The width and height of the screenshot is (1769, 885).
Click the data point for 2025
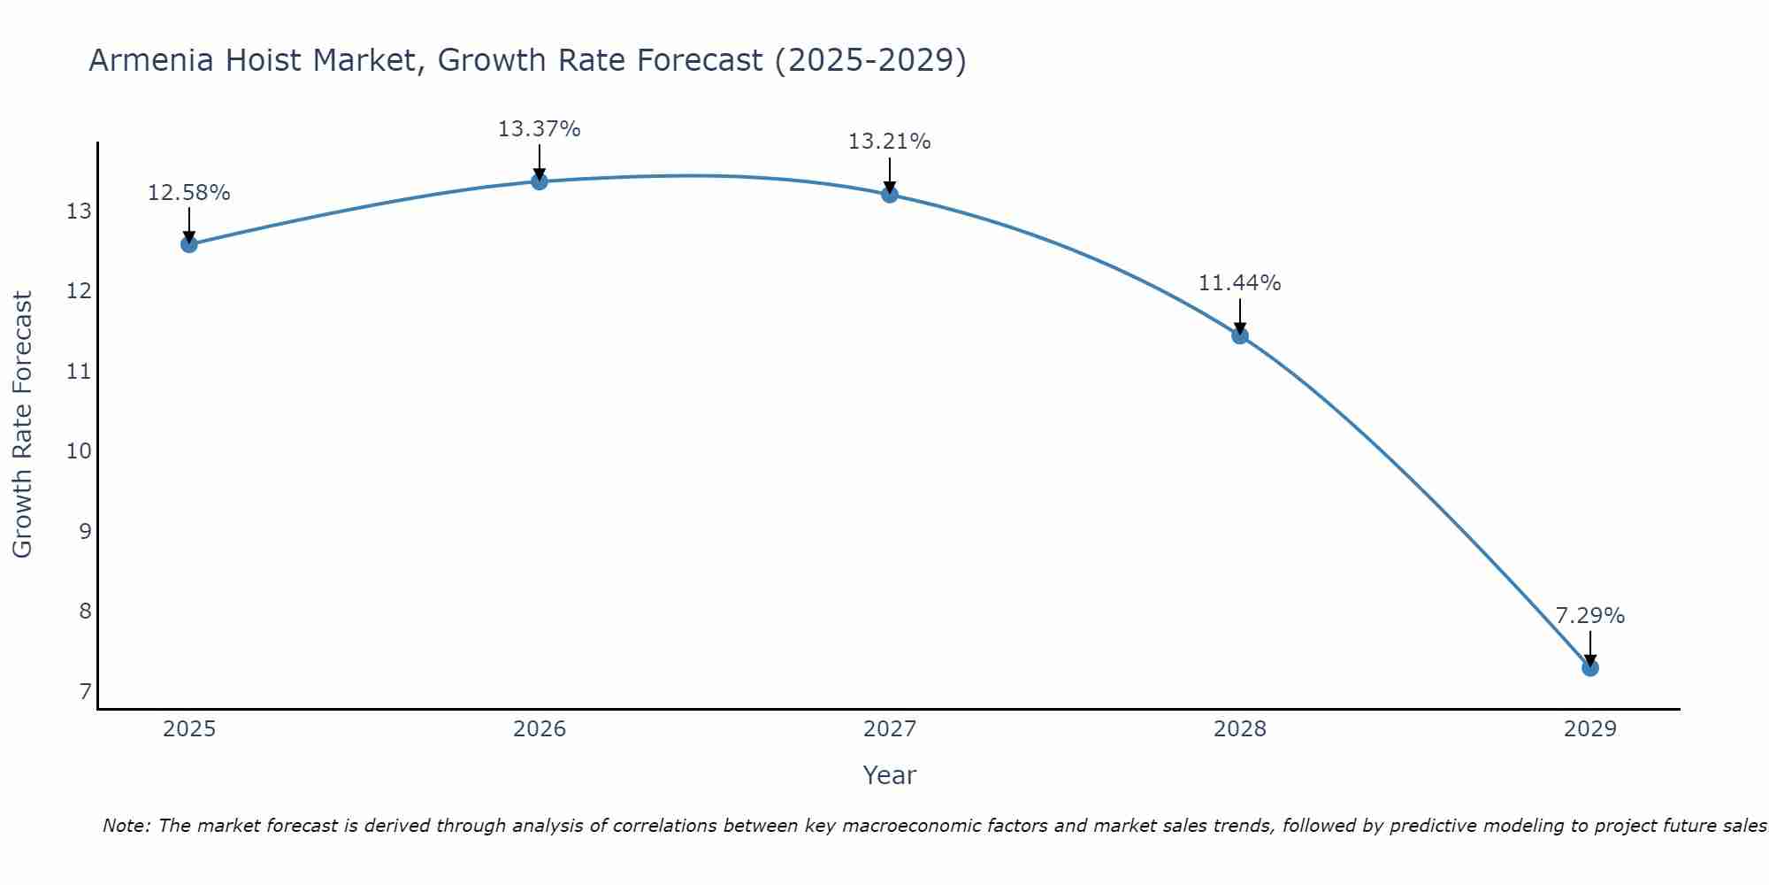pyautogui.click(x=189, y=244)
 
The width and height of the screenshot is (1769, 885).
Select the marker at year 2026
pyautogui.click(x=540, y=181)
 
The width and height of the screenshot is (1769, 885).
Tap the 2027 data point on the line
pyautogui.click(x=890, y=194)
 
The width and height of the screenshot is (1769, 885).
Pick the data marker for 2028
pyautogui.click(x=1240, y=335)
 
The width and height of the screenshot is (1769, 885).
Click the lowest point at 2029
pyautogui.click(x=1590, y=668)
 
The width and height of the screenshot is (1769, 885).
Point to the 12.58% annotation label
pyautogui.click(x=188, y=193)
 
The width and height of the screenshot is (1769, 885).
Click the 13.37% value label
pyautogui.click(x=539, y=129)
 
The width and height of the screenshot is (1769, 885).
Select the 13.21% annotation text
pyautogui.click(x=889, y=142)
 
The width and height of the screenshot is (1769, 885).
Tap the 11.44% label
pyautogui.click(x=1239, y=283)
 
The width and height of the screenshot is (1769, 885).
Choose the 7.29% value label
pyautogui.click(x=1589, y=616)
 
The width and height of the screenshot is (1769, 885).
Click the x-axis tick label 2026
pyautogui.click(x=540, y=729)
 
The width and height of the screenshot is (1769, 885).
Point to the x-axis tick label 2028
pyautogui.click(x=1240, y=729)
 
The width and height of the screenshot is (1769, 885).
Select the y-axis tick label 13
pyautogui.click(x=79, y=212)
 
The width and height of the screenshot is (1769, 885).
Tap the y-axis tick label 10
pyautogui.click(x=79, y=451)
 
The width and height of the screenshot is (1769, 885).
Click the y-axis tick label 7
pyautogui.click(x=85, y=691)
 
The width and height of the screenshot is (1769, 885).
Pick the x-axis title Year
pyautogui.click(x=889, y=775)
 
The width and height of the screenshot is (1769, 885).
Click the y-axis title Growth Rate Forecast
pyautogui.click(x=23, y=425)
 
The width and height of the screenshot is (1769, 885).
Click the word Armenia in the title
pyautogui.click(x=151, y=61)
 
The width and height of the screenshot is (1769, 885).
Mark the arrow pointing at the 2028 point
pyautogui.click(x=1240, y=316)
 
